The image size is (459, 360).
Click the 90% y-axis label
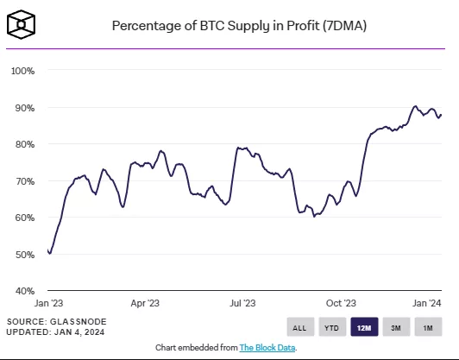23,108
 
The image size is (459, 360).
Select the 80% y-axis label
23,144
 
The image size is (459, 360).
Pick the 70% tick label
23,181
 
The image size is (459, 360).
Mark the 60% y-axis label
23,218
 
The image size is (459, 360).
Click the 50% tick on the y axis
23,255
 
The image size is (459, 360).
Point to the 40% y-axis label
23,291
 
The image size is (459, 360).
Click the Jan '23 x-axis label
47,303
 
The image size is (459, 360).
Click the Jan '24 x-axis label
428,303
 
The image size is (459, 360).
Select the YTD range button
330,327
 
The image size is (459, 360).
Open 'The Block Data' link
267,347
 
